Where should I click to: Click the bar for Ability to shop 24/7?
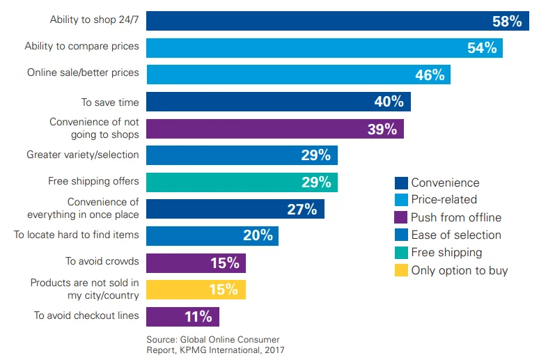pos(337,21)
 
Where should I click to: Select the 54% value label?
pos(481,48)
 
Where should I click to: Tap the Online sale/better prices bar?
pos(298,75)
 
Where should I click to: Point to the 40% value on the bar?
pos(389,102)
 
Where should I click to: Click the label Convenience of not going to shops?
pos(94,128)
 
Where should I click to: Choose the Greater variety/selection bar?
pos(242,155)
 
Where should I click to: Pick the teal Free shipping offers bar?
pos(242,182)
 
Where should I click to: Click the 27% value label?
pos(302,209)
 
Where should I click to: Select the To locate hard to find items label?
pos(77,235)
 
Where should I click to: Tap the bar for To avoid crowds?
pos(196,263)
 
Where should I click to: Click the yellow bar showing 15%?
pos(196,290)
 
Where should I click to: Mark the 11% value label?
pos(198,317)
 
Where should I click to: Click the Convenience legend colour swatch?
pos(401,183)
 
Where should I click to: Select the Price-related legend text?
pos(444,200)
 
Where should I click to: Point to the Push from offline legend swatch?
pos(401,217)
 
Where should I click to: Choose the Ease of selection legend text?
pos(456,235)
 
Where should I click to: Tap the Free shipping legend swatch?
pos(401,252)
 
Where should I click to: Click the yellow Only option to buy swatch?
pos(401,270)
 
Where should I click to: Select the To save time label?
pos(110,102)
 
